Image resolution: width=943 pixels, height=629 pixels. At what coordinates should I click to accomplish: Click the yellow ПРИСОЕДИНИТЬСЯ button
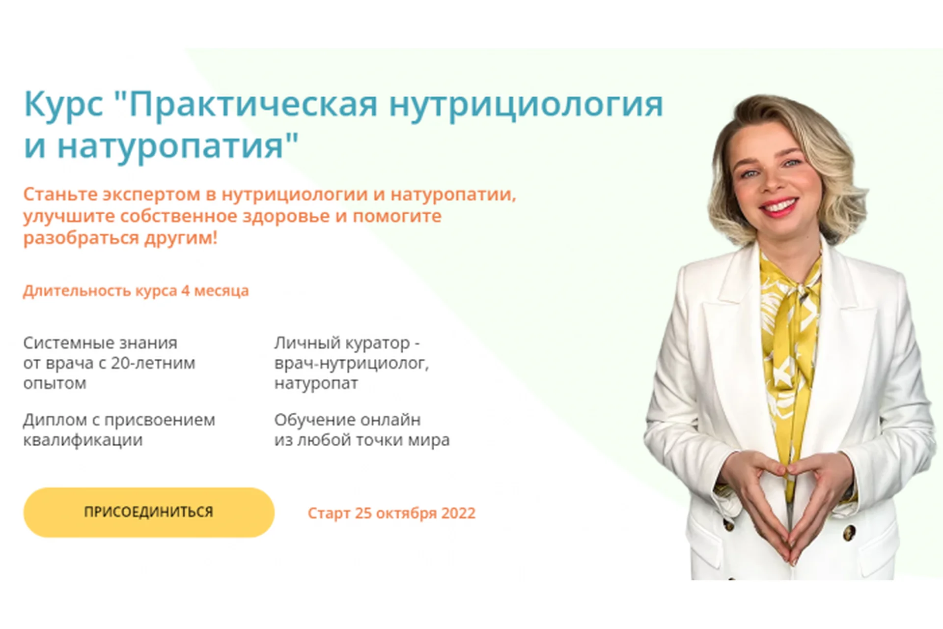coord(149,512)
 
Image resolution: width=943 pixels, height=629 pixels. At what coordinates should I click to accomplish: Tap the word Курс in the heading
coord(63,104)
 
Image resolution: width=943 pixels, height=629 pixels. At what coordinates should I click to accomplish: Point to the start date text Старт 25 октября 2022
coord(391,513)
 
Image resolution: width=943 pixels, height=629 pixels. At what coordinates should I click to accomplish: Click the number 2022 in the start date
coord(458,513)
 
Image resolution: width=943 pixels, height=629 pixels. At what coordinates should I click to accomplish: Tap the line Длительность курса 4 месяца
coord(136,291)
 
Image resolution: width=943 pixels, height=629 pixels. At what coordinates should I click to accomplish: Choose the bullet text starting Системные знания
coord(109,363)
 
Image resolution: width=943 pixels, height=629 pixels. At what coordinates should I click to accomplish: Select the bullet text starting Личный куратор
coord(352,363)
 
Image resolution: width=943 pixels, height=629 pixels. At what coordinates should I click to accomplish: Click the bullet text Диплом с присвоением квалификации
coord(119,429)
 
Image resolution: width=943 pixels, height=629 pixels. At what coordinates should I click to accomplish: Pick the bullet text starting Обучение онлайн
coord(362,429)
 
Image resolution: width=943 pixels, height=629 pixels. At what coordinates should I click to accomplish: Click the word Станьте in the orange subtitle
coord(60,194)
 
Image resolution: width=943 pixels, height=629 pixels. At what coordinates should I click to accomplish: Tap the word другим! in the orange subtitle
coord(181,238)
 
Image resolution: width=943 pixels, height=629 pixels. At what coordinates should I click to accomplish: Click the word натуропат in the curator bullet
coord(316,383)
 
